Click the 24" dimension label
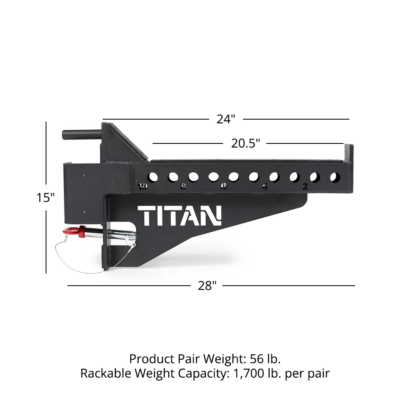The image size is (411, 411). point(226,119)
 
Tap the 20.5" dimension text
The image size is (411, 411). point(245,143)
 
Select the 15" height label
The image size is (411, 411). point(45,197)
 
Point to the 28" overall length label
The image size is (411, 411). point(207,286)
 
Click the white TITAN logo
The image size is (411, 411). point(180,216)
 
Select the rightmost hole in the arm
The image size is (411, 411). point(335,178)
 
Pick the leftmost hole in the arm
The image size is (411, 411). point(152,177)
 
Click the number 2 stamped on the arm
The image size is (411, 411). point(305,186)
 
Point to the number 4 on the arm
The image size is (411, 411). point(264,187)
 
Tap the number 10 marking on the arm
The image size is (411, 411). point(143,187)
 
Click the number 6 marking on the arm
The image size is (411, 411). point(224,187)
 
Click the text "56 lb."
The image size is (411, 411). point(265,359)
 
